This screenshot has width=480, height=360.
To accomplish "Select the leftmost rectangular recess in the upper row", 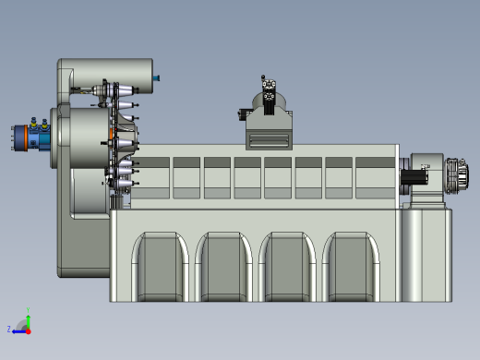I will (x=157, y=176).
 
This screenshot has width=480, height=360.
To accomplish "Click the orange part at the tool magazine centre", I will (x=114, y=137).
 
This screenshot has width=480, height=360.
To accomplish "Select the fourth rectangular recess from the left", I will (x=248, y=176).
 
